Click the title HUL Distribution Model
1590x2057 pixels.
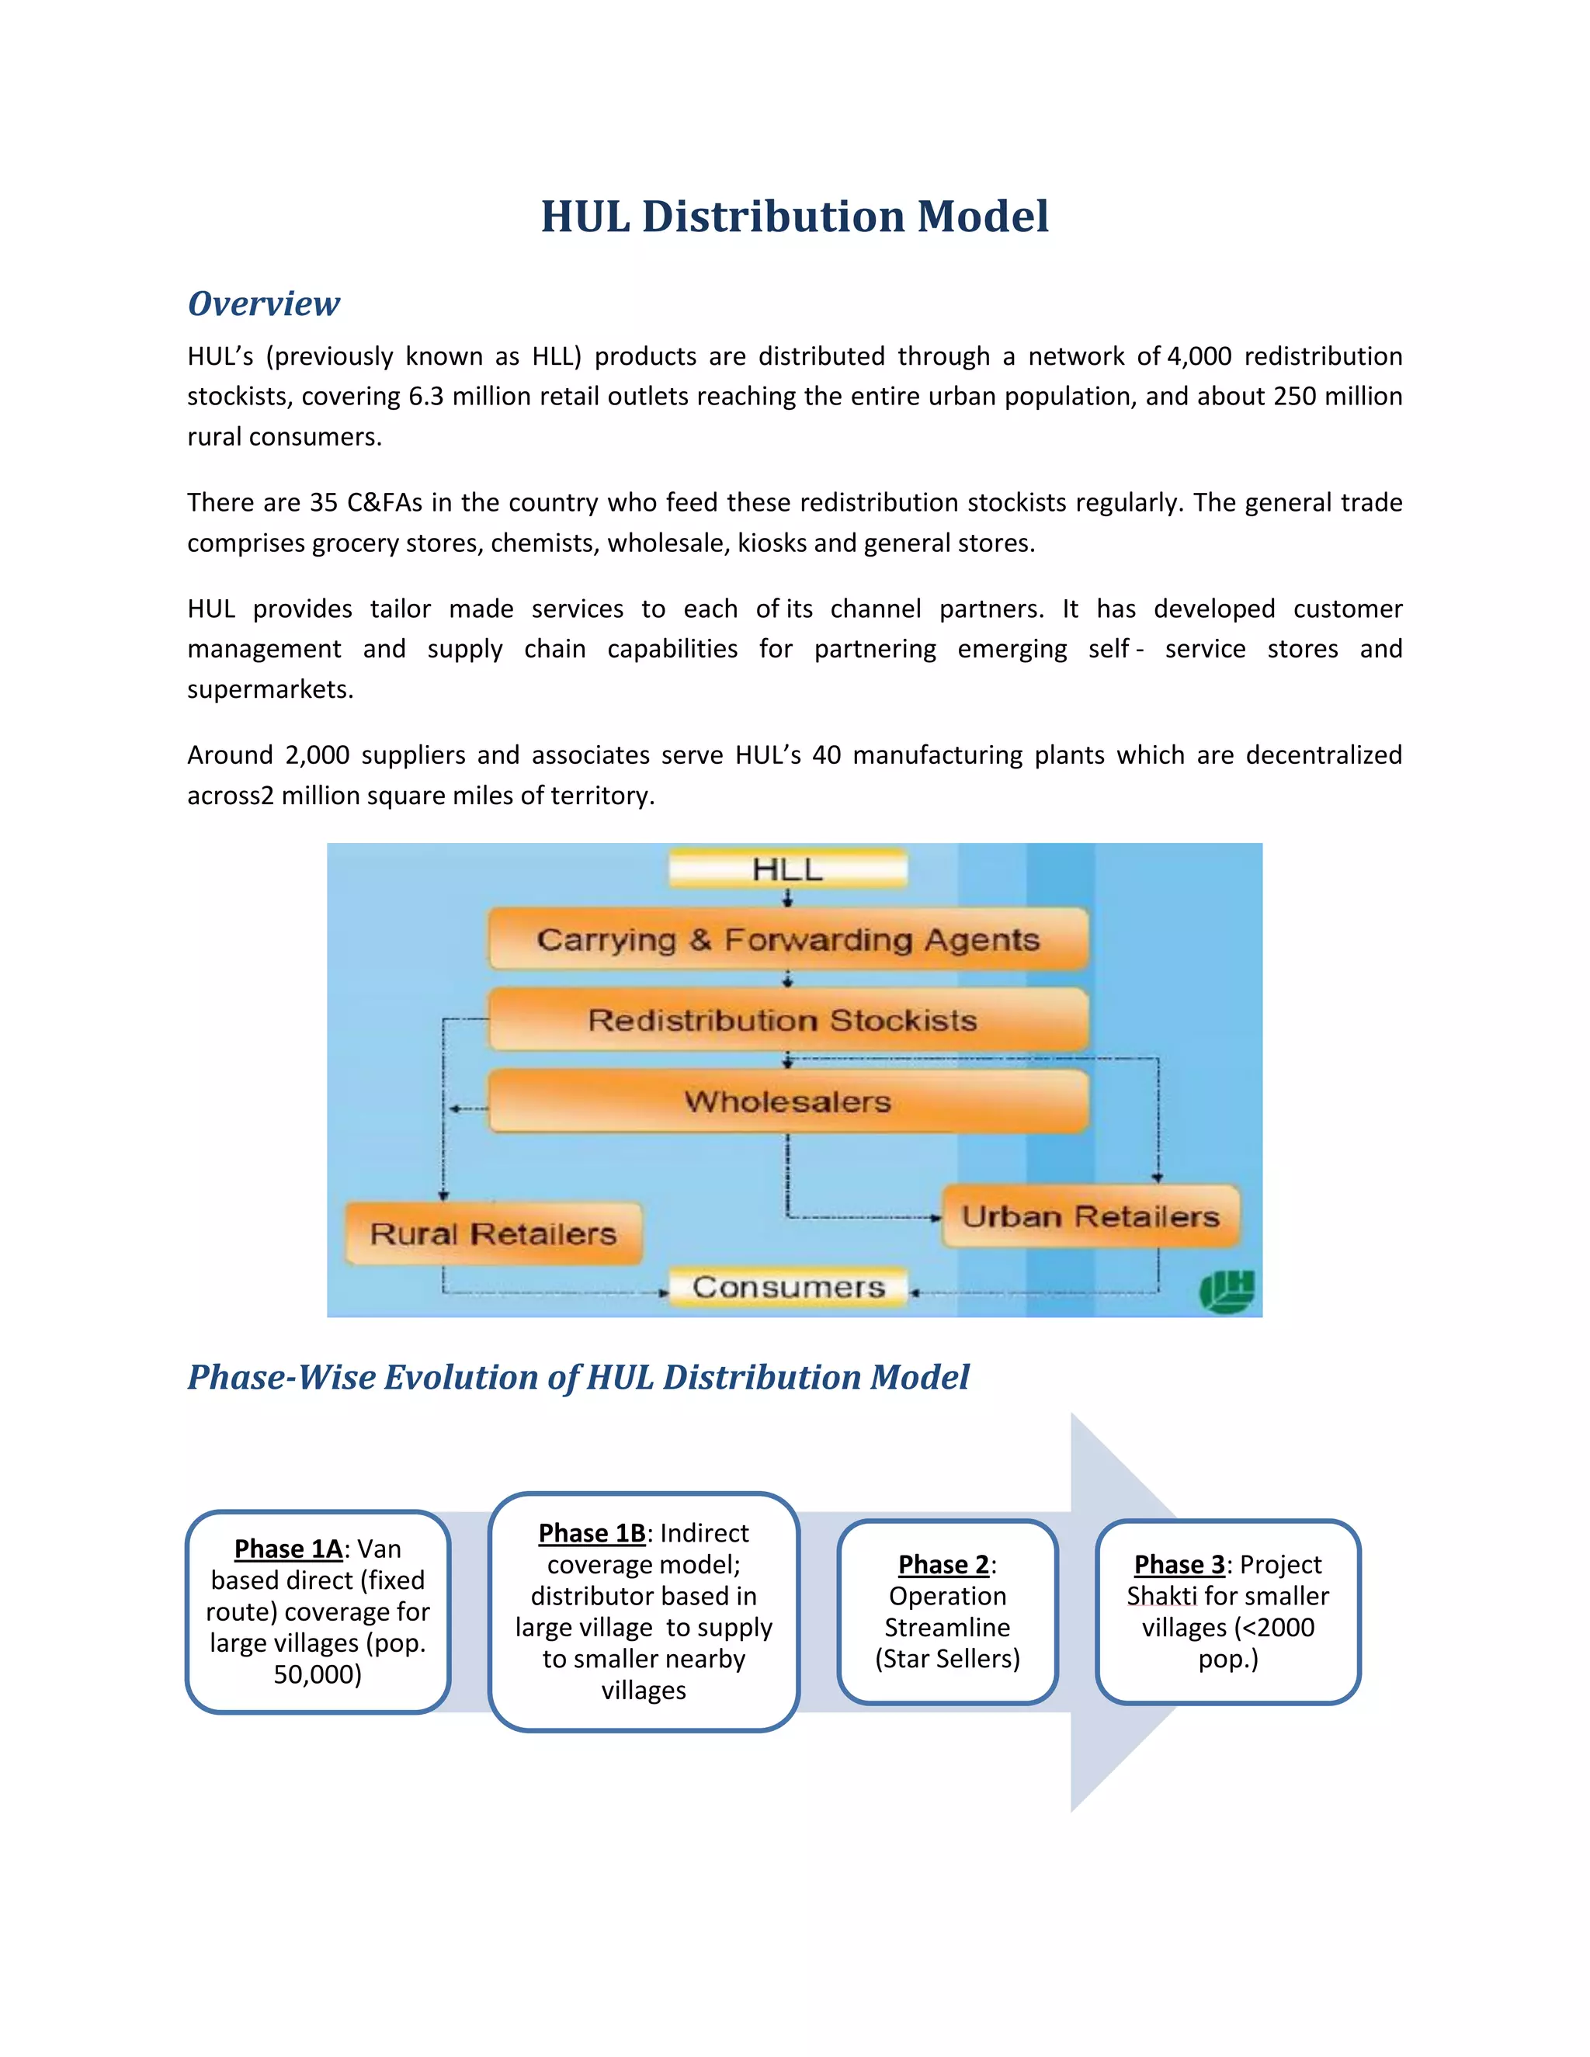(794, 217)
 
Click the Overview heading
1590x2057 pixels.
(264, 304)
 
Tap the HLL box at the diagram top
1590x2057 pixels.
(787, 869)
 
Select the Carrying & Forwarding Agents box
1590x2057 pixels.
(787, 939)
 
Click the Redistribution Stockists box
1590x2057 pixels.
(787, 1020)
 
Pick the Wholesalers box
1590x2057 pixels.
(787, 1101)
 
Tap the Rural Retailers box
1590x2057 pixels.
(493, 1233)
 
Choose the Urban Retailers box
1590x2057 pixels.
(1090, 1216)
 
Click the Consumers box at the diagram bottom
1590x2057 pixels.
(787, 1286)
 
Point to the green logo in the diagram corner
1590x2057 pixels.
(1227, 1290)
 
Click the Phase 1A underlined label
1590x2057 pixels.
(288, 1549)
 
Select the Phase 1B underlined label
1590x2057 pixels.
(592, 1533)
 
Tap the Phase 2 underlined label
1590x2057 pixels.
(943, 1564)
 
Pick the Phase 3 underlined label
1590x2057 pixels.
(1179, 1564)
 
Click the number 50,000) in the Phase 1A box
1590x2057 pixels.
(318, 1674)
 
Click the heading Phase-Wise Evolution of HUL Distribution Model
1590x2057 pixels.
(578, 1377)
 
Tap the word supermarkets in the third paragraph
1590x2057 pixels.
(270, 689)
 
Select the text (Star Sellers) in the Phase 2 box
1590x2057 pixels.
(946, 1659)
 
